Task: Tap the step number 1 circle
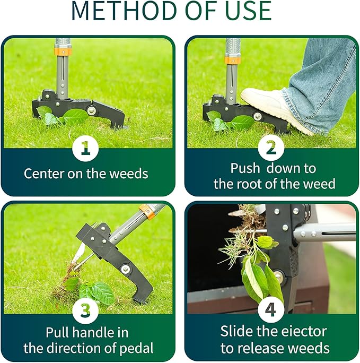point(85,149)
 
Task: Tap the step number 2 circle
point(271,149)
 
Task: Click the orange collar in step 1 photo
point(63,51)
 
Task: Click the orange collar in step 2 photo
point(232,60)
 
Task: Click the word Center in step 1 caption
point(45,174)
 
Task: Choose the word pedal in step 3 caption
point(137,349)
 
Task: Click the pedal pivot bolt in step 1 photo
point(92,111)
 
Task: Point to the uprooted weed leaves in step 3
point(95,291)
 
